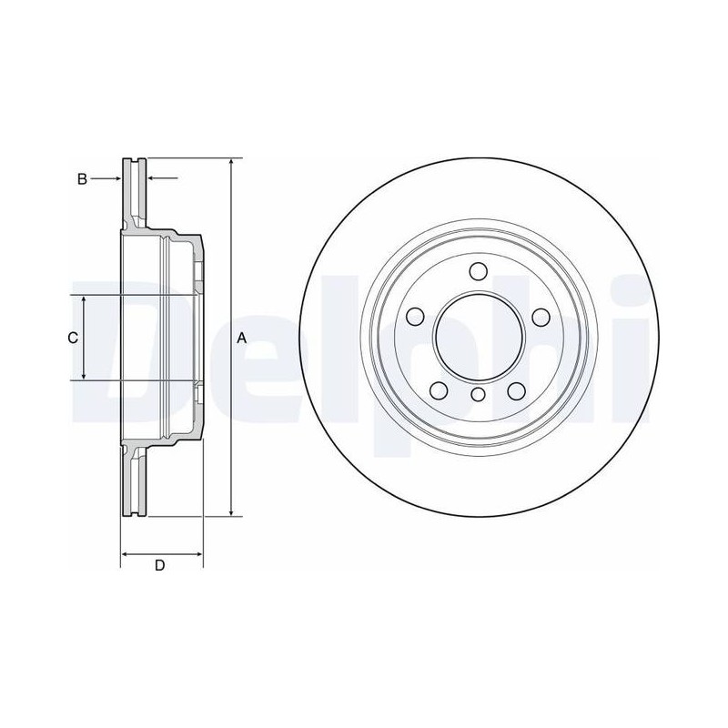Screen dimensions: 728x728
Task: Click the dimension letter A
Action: coord(241,338)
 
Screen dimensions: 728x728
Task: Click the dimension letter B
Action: coord(82,178)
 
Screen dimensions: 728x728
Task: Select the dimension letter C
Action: coord(73,338)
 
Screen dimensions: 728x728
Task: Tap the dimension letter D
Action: coord(160,565)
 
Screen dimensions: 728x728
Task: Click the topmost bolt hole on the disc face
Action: coord(478,271)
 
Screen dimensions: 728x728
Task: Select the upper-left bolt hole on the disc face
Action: coord(415,317)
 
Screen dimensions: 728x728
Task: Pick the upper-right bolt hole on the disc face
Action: coord(541,318)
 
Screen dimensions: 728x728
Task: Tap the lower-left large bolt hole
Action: coord(439,390)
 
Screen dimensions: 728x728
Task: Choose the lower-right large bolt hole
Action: coord(516,390)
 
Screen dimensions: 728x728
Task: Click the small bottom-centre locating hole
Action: coord(478,395)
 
